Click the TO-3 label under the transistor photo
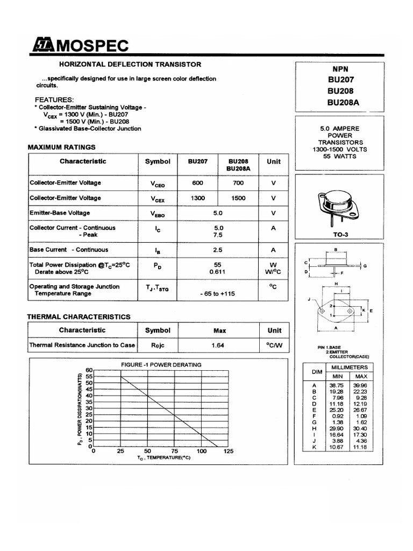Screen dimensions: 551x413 pos(340,235)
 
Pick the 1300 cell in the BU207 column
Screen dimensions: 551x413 pos(197,198)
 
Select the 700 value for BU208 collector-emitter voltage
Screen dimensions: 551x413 pos(238,183)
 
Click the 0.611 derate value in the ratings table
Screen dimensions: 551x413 pos(218,272)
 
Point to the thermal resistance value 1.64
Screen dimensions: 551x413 pos(218,345)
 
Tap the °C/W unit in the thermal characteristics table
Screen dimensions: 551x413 pos(274,345)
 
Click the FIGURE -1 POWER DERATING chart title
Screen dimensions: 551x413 pos(161,365)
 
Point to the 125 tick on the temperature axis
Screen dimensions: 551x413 pos(229,451)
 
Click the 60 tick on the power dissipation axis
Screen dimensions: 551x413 pos(89,370)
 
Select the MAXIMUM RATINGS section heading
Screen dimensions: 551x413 pos(61,147)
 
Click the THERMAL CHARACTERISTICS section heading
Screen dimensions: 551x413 pos(79,317)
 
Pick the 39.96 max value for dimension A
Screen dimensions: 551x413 pos(360,385)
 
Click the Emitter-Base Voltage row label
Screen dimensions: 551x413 pos(59,213)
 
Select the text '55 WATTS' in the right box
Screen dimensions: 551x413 pos(340,156)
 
